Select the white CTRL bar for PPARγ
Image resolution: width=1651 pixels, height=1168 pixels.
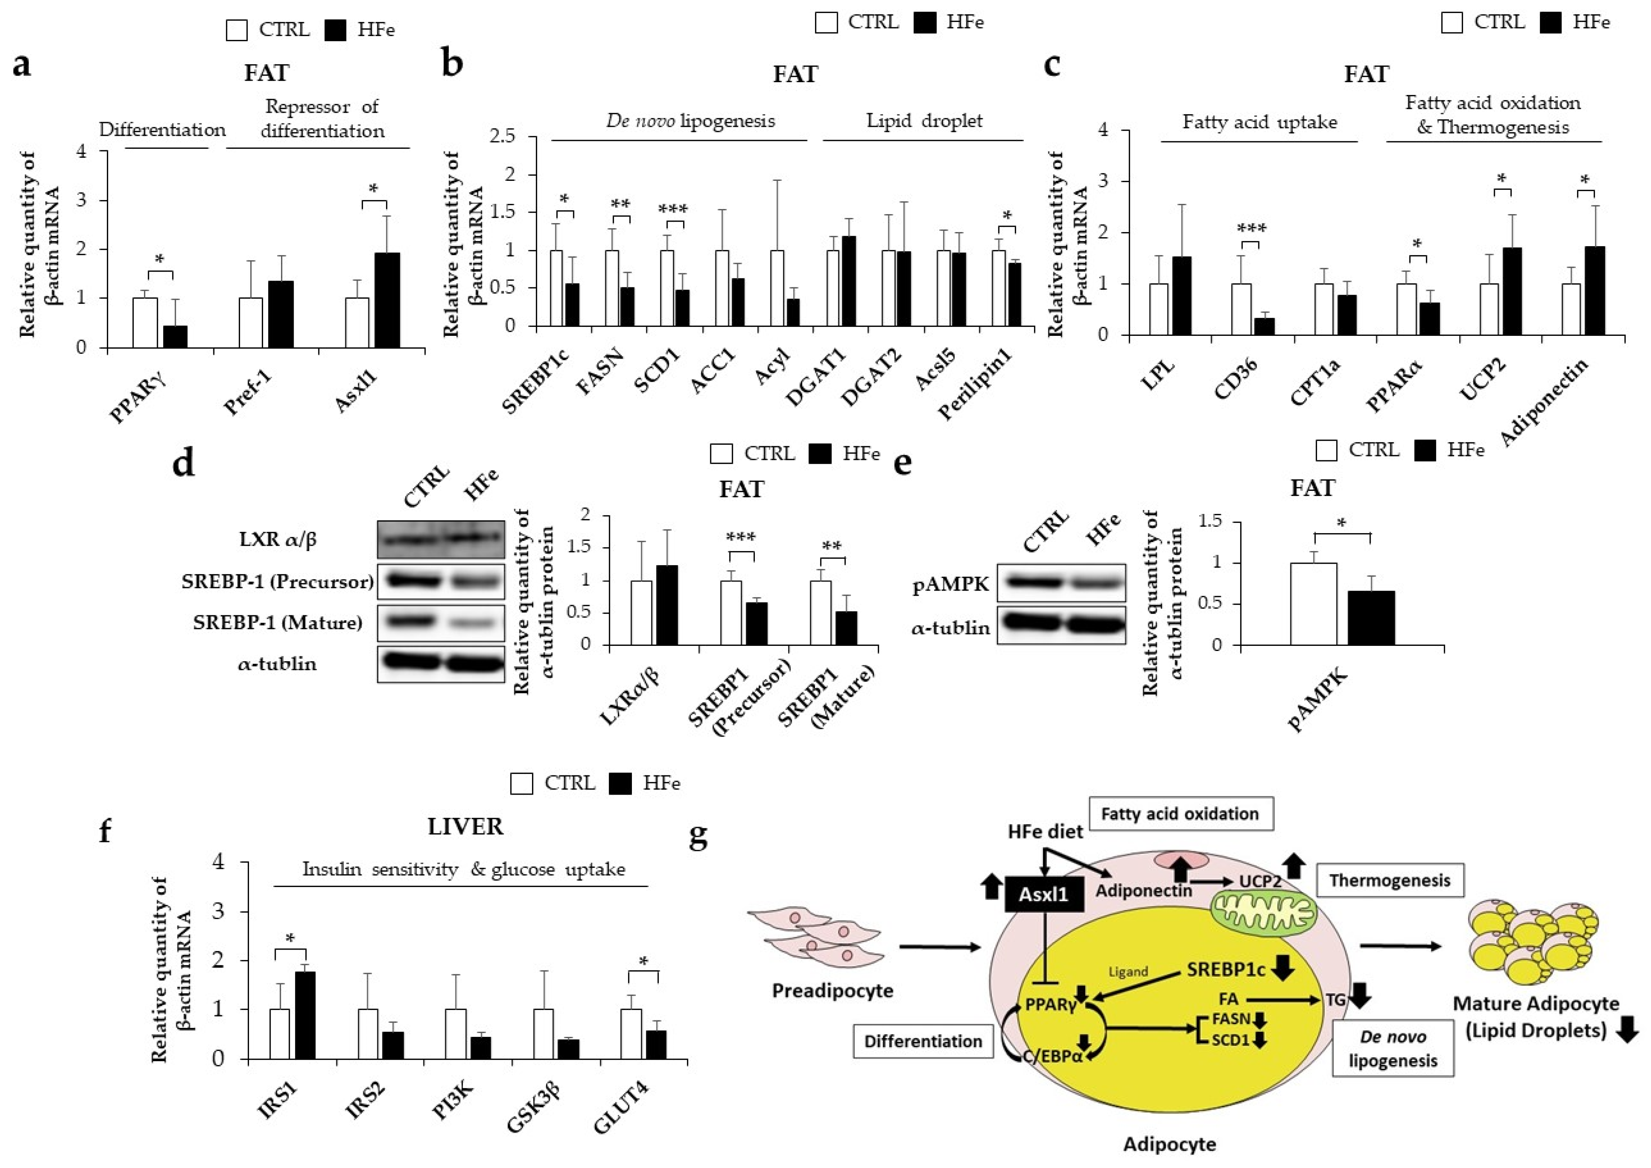[145, 322]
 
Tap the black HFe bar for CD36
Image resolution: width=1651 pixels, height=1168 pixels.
[1263, 326]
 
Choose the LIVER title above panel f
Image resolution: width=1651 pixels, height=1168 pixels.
[466, 826]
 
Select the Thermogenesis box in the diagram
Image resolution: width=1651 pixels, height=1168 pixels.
[1389, 880]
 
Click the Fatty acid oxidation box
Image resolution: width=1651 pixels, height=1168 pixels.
[1180, 813]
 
